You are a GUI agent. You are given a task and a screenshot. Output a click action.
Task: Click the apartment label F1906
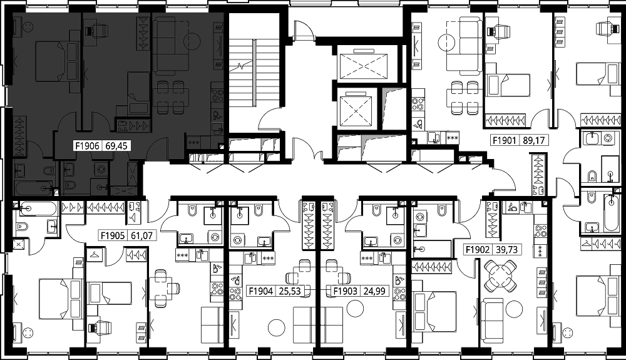pos(87,146)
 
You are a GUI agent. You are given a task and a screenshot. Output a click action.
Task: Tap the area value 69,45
pos(116,146)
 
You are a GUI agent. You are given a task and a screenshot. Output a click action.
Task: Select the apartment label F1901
pos(505,140)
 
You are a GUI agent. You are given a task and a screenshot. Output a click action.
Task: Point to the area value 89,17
pos(534,140)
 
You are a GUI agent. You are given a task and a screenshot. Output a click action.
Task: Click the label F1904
pos(260,291)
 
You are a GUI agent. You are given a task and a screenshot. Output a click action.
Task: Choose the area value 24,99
pos(374,291)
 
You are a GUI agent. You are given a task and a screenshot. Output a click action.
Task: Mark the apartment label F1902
pos(477,249)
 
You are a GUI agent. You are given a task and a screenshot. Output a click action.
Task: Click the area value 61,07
pos(141,235)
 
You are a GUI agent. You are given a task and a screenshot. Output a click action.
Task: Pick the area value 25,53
pos(290,291)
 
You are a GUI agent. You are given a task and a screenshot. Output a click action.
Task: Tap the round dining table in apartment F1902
pos(499,275)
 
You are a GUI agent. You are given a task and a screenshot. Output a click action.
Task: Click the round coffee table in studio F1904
pos(276,327)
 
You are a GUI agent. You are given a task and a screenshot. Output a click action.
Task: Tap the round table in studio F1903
pos(354,308)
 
